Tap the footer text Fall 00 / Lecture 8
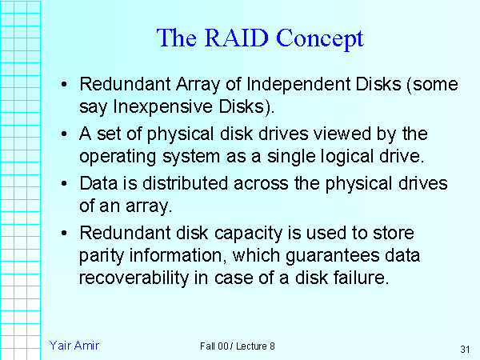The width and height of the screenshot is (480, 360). click(x=238, y=346)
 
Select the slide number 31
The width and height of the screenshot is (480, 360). click(x=465, y=349)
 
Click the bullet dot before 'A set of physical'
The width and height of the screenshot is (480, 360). click(x=64, y=134)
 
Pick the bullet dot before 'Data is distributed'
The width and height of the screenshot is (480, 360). click(x=64, y=184)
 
